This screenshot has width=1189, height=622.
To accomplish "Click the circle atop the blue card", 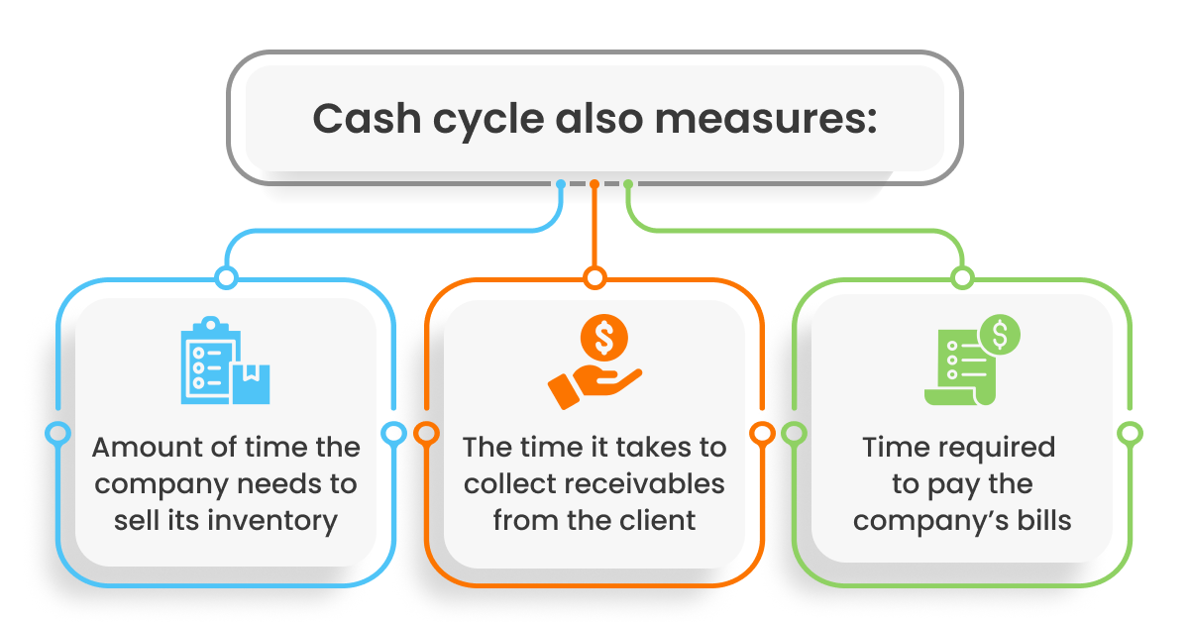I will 226,278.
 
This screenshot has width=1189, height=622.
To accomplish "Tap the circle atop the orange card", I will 594,278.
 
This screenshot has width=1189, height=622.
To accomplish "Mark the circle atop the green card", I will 961,278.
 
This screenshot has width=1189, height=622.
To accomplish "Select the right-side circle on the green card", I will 1130,433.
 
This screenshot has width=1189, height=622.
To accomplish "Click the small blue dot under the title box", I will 561,184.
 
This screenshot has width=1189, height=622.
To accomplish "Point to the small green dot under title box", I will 628,184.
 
